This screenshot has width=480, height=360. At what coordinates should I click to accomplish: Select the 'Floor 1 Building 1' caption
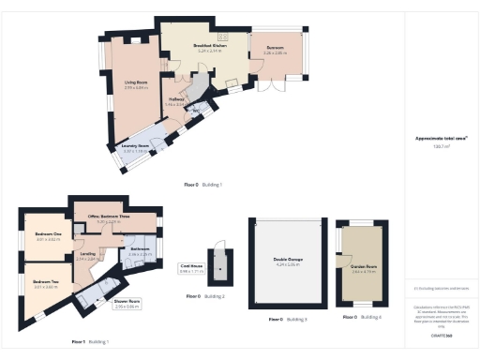[91, 342]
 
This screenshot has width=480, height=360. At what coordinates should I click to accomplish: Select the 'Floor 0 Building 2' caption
[205, 296]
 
